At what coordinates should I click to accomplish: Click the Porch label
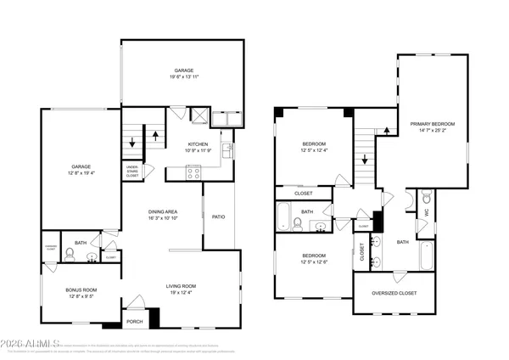click(134, 321)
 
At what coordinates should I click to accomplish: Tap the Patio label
click(219, 217)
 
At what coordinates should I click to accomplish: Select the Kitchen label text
click(198, 145)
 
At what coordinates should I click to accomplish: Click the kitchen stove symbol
click(193, 172)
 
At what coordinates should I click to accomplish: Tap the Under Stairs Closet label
click(132, 171)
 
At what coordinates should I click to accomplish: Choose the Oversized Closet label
click(396, 294)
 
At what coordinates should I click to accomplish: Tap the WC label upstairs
click(427, 212)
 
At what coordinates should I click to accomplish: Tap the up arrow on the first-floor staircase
click(155, 133)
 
